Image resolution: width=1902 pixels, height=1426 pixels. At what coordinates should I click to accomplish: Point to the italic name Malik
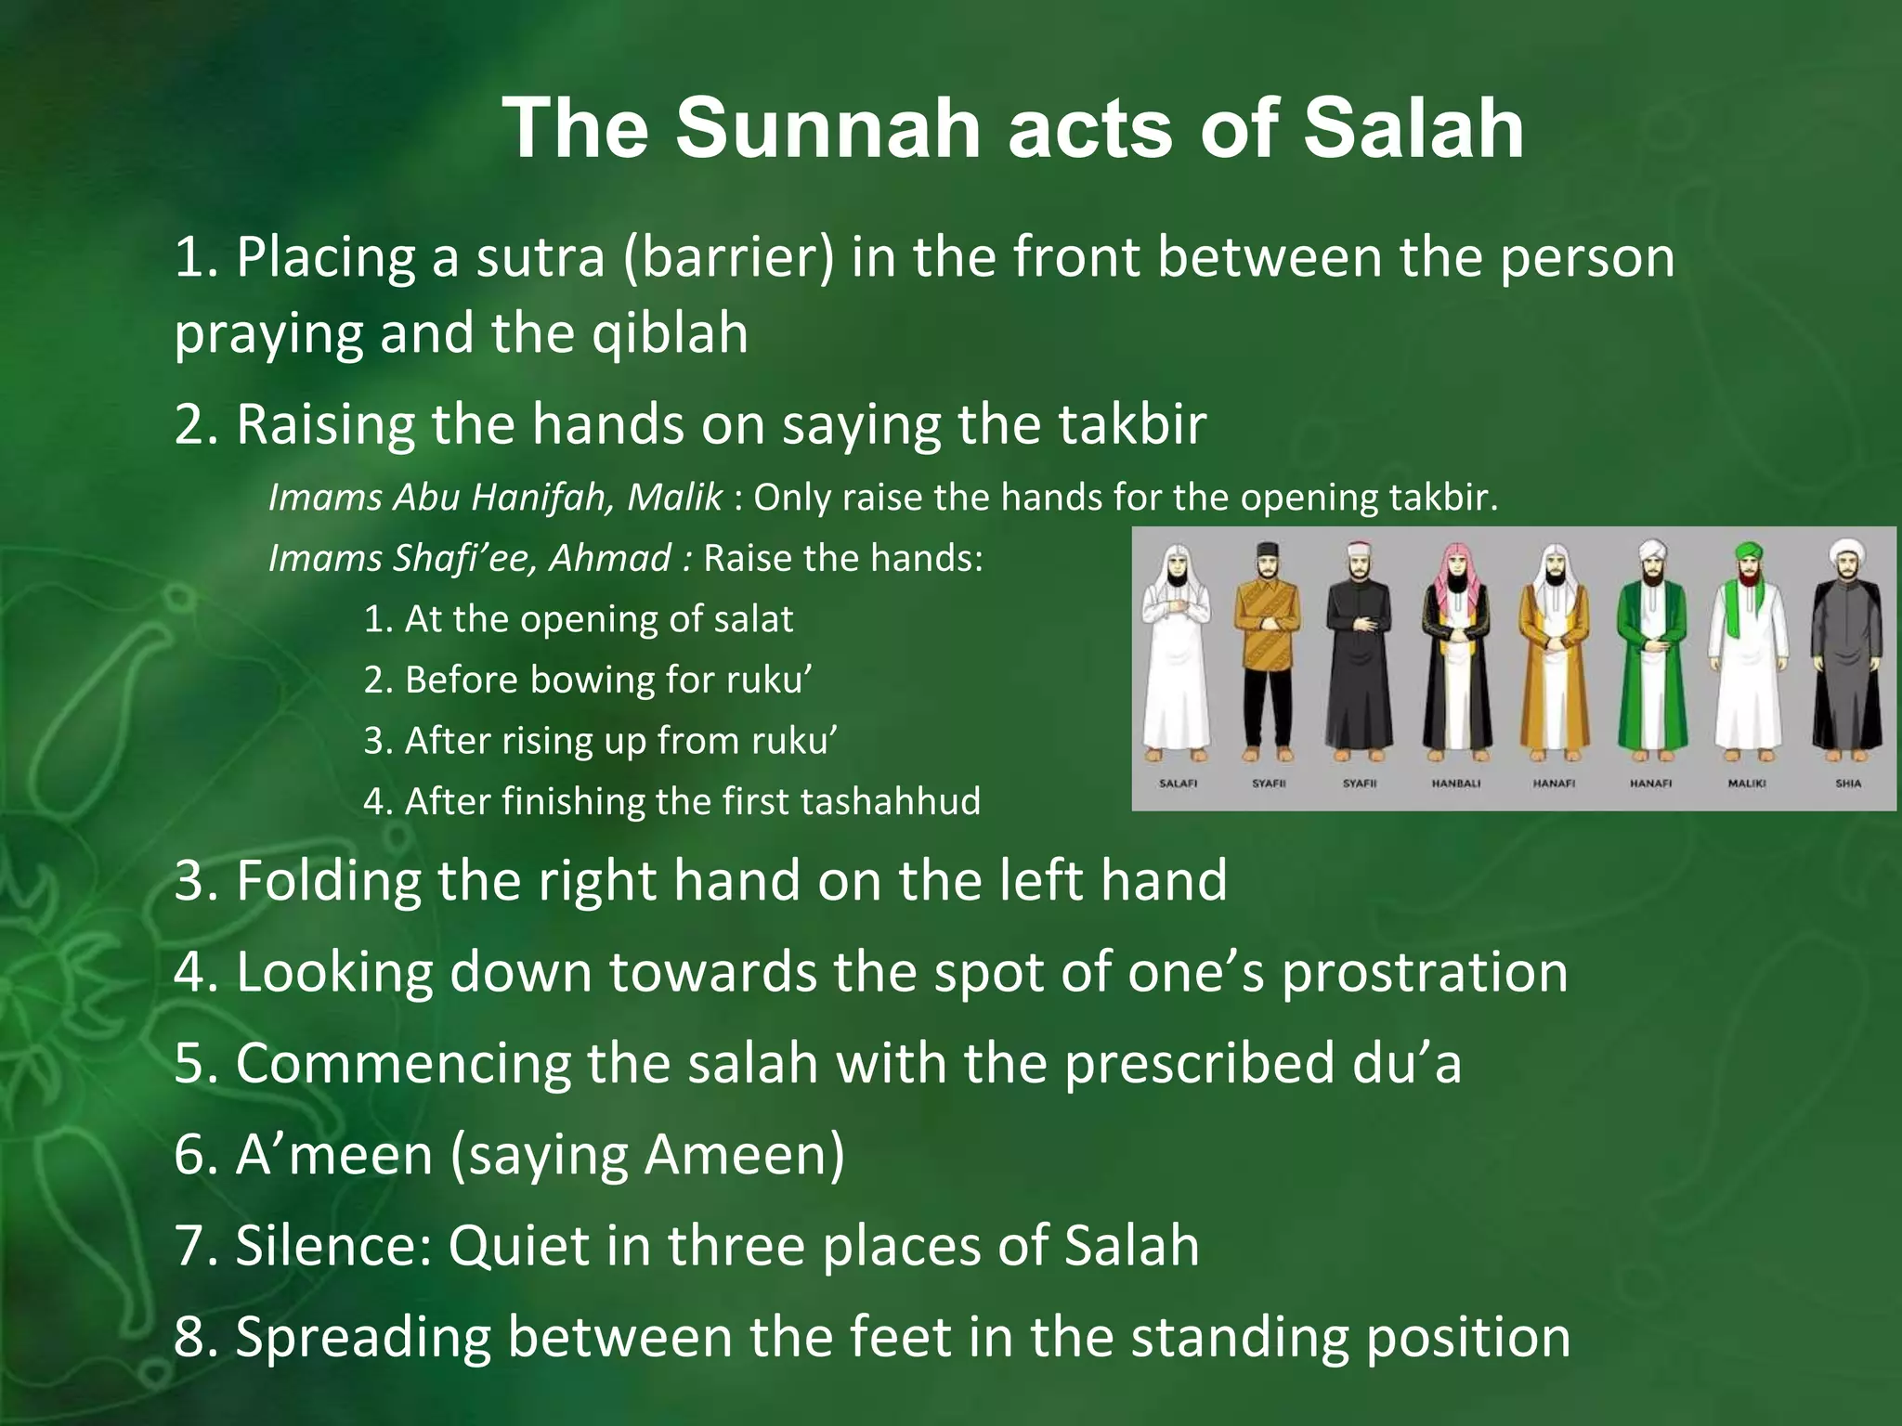click(x=674, y=498)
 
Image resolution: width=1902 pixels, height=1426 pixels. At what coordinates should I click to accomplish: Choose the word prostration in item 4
click(x=1425, y=972)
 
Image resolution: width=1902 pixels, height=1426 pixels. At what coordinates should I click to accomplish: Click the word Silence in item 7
click(x=334, y=1245)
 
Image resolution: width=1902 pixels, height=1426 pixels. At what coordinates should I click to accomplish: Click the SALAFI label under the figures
click(x=1178, y=784)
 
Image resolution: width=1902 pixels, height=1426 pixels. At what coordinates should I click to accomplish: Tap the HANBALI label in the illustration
click(x=1455, y=784)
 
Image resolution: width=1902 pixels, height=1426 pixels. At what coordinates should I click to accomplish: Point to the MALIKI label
click(x=1746, y=784)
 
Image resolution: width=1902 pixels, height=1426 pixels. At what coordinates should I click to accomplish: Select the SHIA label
click(x=1848, y=784)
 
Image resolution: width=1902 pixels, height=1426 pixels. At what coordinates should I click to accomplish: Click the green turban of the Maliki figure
click(x=1747, y=552)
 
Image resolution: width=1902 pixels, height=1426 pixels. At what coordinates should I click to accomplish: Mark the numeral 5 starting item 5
click(x=188, y=1063)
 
